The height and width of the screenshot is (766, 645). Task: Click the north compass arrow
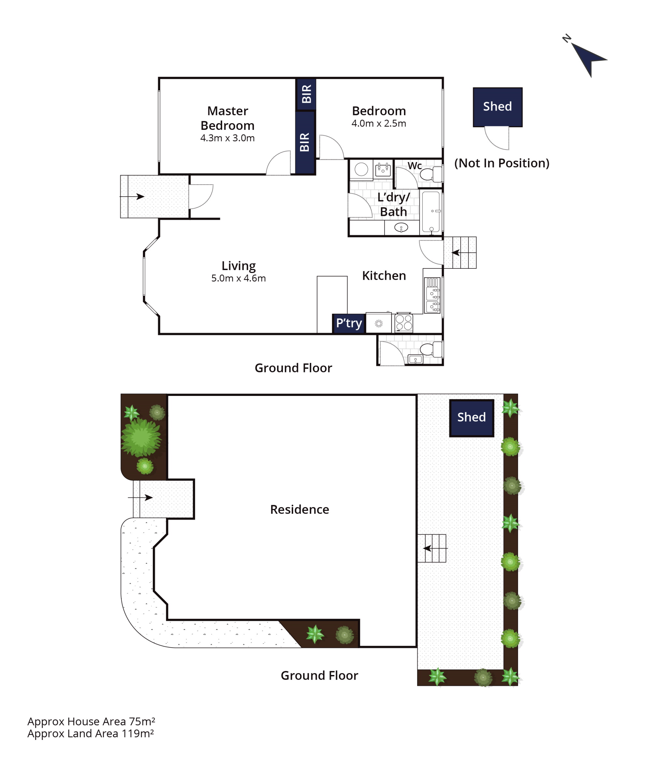pyautogui.click(x=588, y=59)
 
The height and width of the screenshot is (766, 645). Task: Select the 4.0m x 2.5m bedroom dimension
pyautogui.click(x=379, y=123)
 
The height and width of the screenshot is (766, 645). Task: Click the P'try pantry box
pyautogui.click(x=349, y=323)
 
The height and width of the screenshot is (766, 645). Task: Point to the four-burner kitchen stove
pyautogui.click(x=404, y=323)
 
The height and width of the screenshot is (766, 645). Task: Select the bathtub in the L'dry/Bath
pyautogui.click(x=431, y=212)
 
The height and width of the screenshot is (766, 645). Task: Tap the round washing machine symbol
pyautogui.click(x=361, y=170)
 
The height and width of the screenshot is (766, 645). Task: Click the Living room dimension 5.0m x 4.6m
pyautogui.click(x=238, y=278)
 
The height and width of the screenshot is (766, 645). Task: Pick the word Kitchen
pyautogui.click(x=384, y=276)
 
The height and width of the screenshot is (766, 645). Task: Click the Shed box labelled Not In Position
pyautogui.click(x=498, y=107)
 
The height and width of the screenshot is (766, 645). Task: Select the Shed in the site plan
pyautogui.click(x=472, y=418)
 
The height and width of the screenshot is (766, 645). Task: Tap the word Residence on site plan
pyautogui.click(x=299, y=509)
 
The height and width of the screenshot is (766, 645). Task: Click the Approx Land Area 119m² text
pyautogui.click(x=91, y=734)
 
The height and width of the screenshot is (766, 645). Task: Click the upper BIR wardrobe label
pyautogui.click(x=307, y=94)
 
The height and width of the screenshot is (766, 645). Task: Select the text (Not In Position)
pyautogui.click(x=502, y=163)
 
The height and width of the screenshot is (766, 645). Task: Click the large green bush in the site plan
pyautogui.click(x=141, y=437)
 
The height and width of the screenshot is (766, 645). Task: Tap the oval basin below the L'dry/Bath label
pyautogui.click(x=401, y=228)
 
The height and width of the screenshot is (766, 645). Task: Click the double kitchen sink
pyautogui.click(x=433, y=295)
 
